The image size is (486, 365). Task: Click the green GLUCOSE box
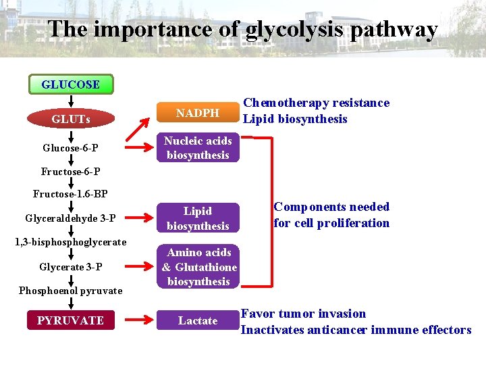click(x=70, y=84)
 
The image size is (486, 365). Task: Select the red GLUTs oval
click(x=70, y=120)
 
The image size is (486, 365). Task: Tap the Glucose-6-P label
click(x=70, y=148)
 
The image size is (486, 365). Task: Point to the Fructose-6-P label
click(x=70, y=172)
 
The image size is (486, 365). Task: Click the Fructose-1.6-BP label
click(x=70, y=195)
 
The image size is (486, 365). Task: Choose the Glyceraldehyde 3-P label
click(x=70, y=218)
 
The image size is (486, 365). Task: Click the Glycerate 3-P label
click(x=70, y=267)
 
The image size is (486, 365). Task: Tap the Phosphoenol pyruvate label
click(x=70, y=291)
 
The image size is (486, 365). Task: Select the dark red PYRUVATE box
click(x=70, y=320)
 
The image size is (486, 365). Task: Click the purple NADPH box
click(x=198, y=113)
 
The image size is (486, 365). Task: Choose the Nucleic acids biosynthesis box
click(x=198, y=148)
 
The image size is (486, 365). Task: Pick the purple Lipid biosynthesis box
click(x=198, y=218)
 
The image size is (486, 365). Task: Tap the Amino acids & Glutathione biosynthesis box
click(x=199, y=267)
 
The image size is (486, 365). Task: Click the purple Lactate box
click(x=198, y=320)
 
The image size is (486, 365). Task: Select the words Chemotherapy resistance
click(x=316, y=103)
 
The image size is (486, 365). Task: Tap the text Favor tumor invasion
click(x=303, y=314)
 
